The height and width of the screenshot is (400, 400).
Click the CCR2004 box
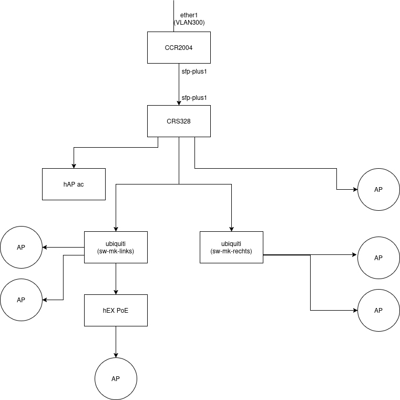(179, 47)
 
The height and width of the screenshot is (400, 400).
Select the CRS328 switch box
(179, 121)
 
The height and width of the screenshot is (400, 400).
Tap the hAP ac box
(74, 184)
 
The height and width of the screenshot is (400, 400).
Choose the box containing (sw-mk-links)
(116, 247)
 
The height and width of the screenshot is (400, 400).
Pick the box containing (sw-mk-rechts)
(231, 247)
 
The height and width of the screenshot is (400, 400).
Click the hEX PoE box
(116, 310)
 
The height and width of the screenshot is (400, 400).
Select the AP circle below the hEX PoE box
(116, 378)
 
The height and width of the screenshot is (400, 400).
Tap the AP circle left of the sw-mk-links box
(21, 247)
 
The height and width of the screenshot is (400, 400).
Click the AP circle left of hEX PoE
(21, 300)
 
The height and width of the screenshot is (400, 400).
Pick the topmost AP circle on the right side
(378, 189)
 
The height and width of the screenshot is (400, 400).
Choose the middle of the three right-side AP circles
(378, 258)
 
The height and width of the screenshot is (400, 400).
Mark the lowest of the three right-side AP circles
(378, 310)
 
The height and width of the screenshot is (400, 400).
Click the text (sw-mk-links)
(116, 251)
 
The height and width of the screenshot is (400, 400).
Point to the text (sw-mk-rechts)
(231, 251)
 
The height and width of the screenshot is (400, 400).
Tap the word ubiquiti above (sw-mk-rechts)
(231, 244)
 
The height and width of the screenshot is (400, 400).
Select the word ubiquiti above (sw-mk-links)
(116, 244)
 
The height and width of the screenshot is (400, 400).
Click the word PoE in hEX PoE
(122, 311)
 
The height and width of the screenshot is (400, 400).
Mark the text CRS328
(179, 121)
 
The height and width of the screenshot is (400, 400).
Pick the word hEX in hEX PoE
(109, 311)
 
